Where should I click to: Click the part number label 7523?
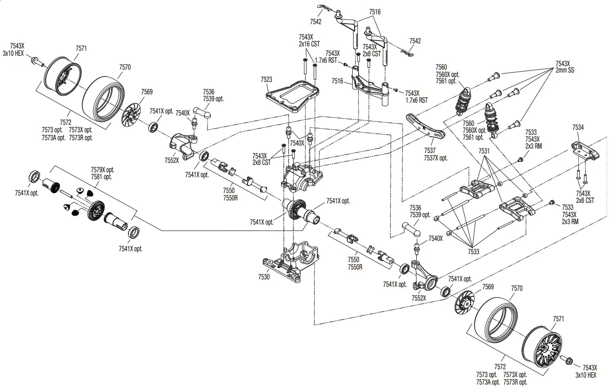coord(266,79)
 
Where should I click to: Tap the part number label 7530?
coord(264,277)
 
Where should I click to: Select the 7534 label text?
coord(578,127)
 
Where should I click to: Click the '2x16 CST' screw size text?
coord(309,44)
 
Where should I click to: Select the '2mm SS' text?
coord(565,70)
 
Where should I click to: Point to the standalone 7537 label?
coord(430,151)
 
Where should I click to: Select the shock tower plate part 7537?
coord(425,127)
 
